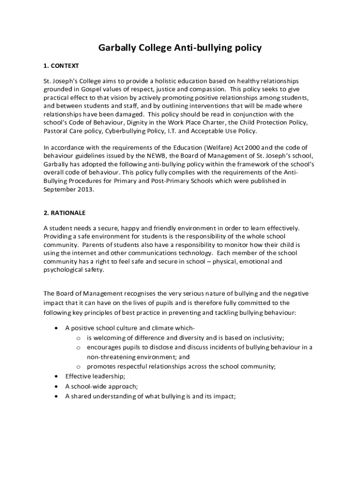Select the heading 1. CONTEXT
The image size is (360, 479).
coord(61,65)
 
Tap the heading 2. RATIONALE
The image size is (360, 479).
coord(65,213)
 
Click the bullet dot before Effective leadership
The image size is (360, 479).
coord(56,376)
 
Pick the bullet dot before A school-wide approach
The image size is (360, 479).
coord(56,386)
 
